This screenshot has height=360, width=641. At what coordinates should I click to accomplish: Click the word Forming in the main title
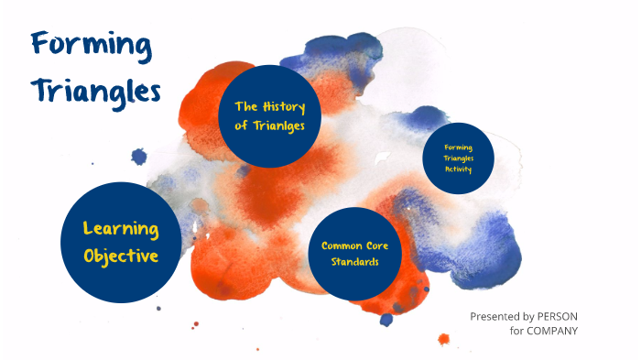point(91,44)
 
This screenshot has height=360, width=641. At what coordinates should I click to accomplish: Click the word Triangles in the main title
point(95,91)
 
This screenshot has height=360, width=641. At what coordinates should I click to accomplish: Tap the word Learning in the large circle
point(121,229)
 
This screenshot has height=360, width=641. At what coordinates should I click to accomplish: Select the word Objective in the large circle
point(121,256)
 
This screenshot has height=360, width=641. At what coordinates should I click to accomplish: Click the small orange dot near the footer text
point(444,339)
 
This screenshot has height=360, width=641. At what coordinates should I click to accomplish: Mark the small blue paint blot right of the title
point(139,156)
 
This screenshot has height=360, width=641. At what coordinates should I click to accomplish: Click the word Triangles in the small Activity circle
point(459,158)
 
